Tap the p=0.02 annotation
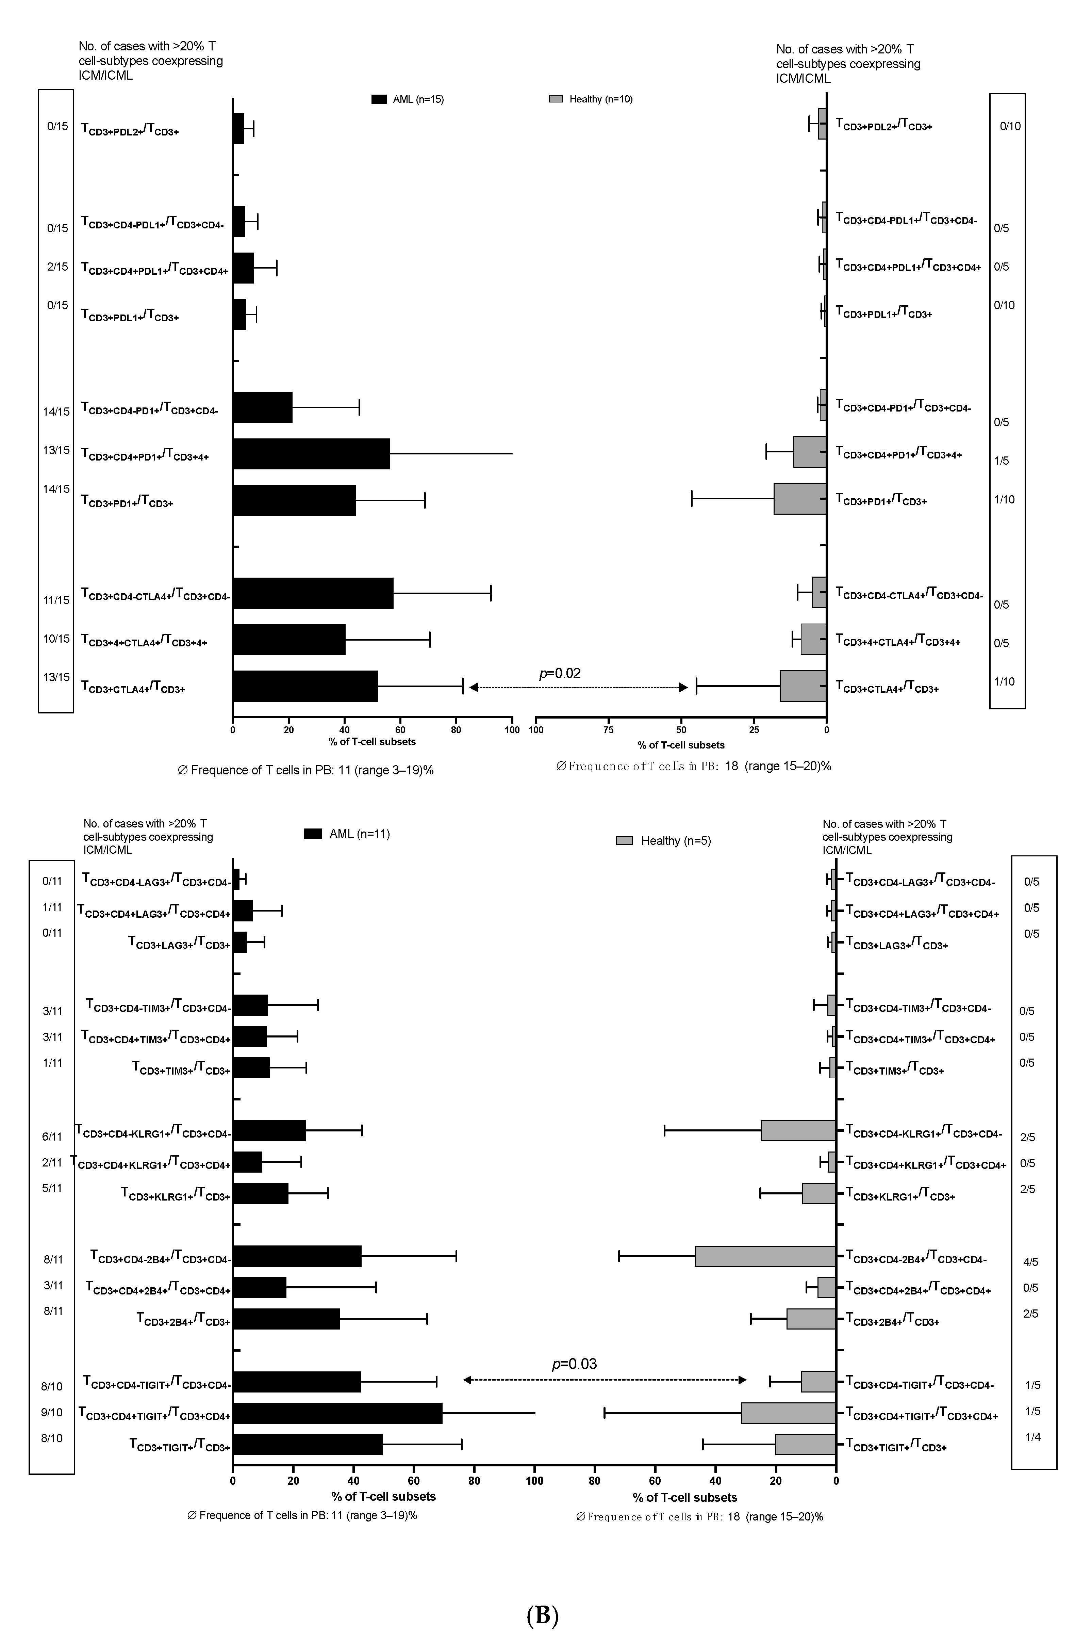tap(560, 673)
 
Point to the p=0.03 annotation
tap(574, 1364)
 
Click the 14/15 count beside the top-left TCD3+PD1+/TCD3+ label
tap(56, 489)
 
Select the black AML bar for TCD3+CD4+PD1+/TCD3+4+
tap(311, 454)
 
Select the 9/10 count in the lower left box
tap(52, 1412)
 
